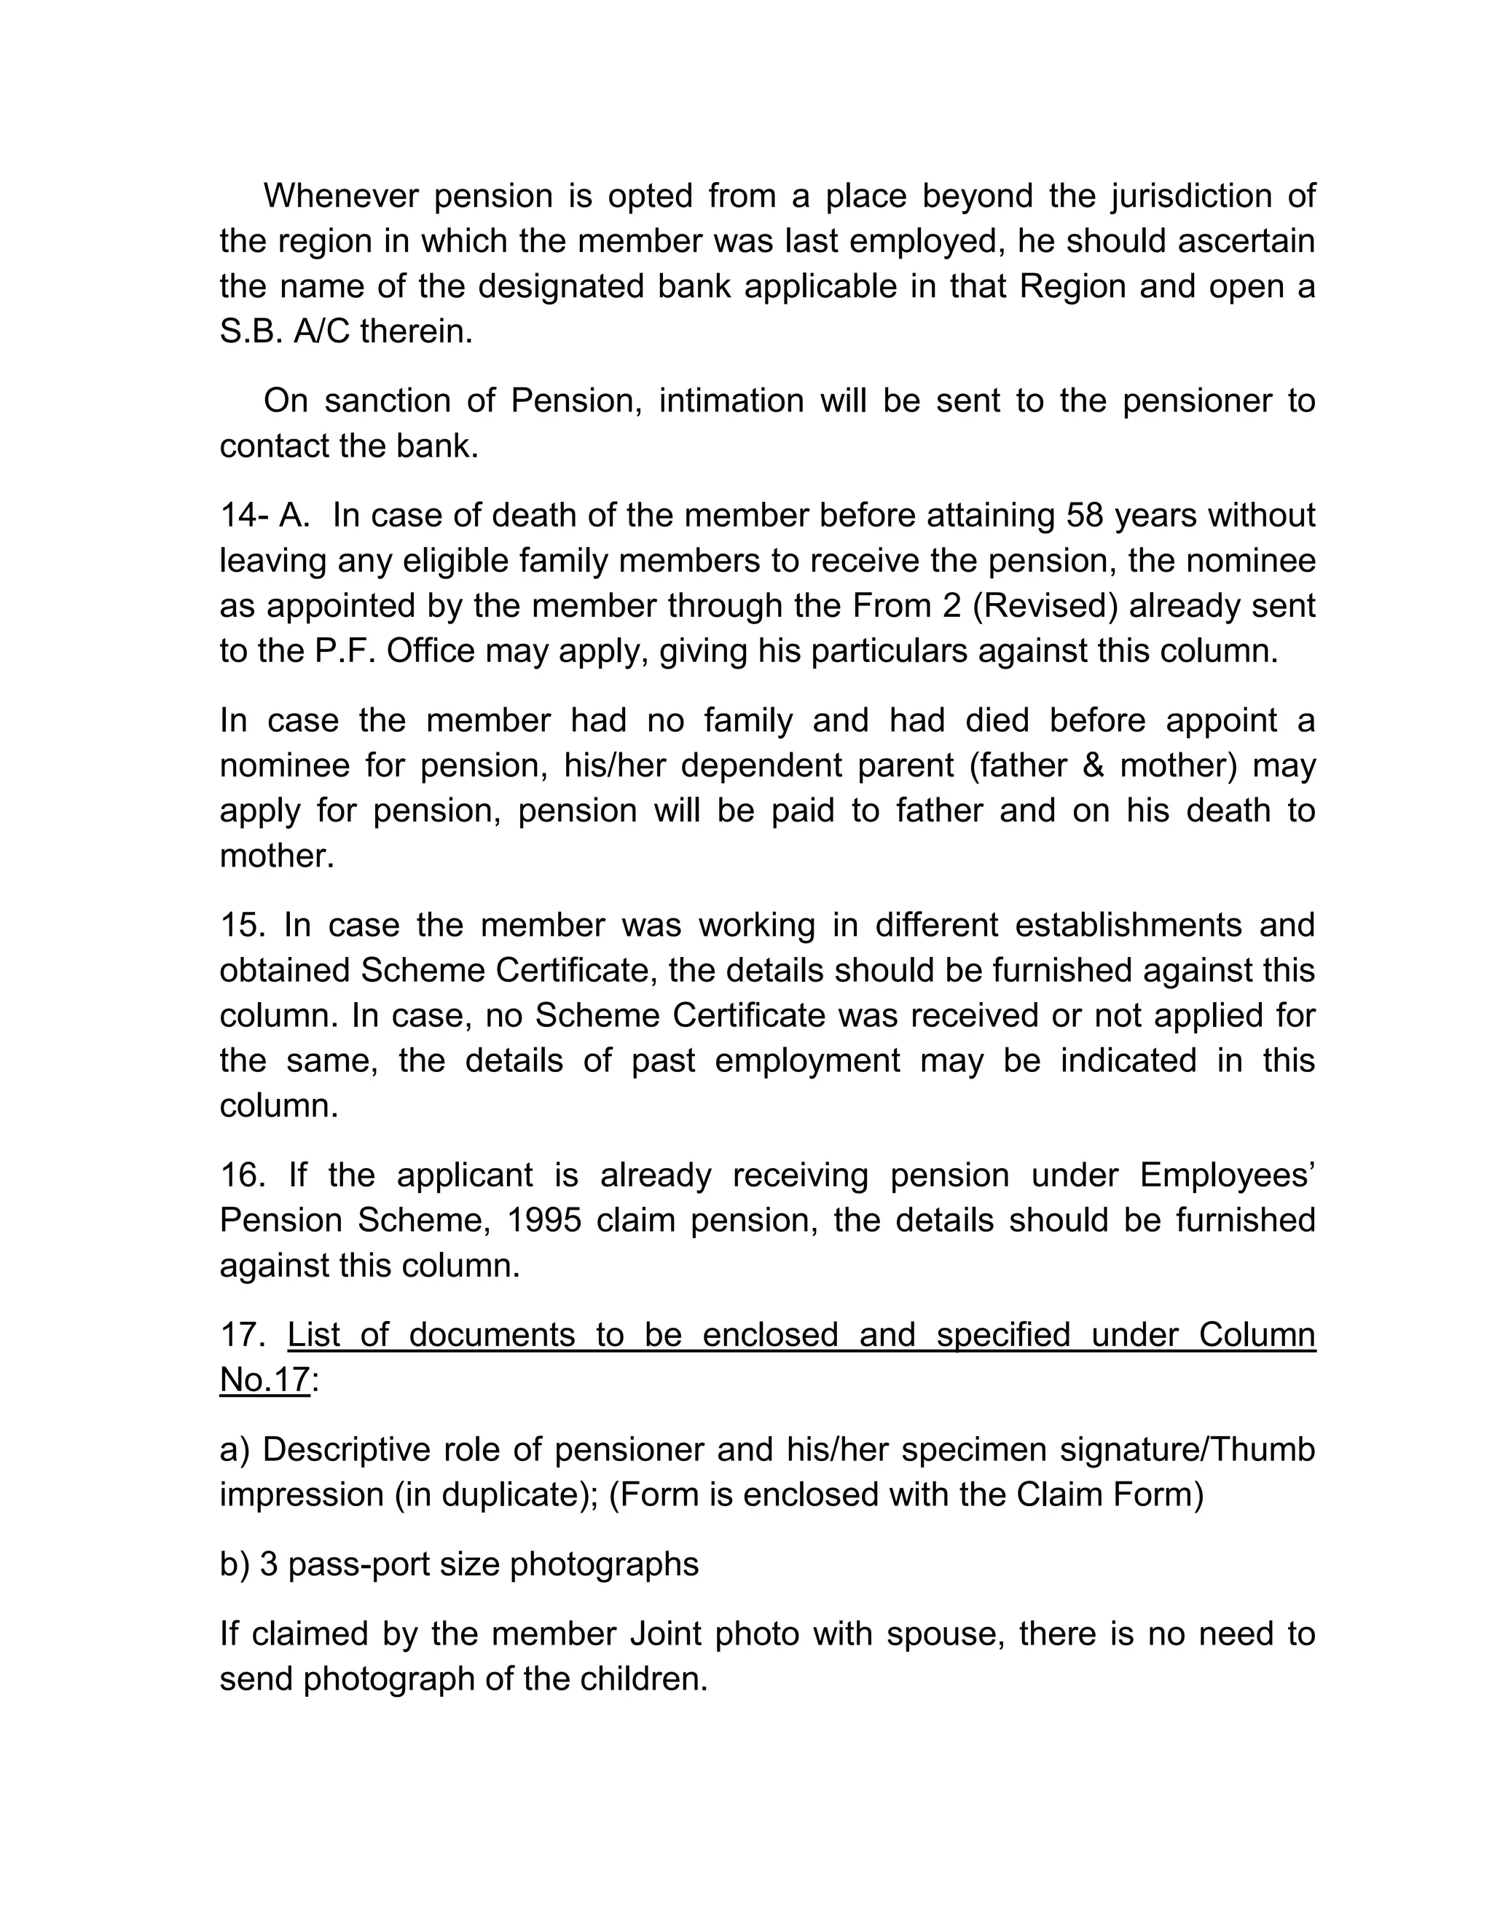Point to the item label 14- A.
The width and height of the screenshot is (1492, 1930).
point(264,515)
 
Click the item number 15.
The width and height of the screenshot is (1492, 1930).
point(243,925)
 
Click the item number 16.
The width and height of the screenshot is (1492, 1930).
point(243,1175)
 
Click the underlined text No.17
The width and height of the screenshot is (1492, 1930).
point(265,1379)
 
